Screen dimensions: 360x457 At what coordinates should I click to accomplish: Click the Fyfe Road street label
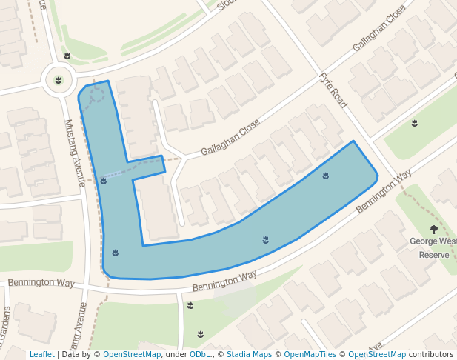333,90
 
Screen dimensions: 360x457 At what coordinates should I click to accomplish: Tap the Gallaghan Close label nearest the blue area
230,137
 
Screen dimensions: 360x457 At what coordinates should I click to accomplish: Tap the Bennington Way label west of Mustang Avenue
41,284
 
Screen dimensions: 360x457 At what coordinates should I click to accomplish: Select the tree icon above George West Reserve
434,230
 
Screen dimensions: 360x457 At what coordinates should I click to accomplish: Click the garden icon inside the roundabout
58,79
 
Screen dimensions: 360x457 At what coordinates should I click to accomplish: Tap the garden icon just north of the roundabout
67,56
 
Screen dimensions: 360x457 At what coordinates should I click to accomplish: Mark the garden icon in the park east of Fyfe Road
415,123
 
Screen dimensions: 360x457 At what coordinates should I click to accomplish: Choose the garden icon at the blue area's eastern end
326,176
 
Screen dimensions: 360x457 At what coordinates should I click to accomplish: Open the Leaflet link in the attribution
42,354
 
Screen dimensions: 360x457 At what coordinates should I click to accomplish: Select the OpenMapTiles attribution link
310,354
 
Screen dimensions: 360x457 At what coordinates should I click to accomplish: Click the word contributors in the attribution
431,354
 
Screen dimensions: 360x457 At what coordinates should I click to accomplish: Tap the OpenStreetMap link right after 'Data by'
131,354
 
